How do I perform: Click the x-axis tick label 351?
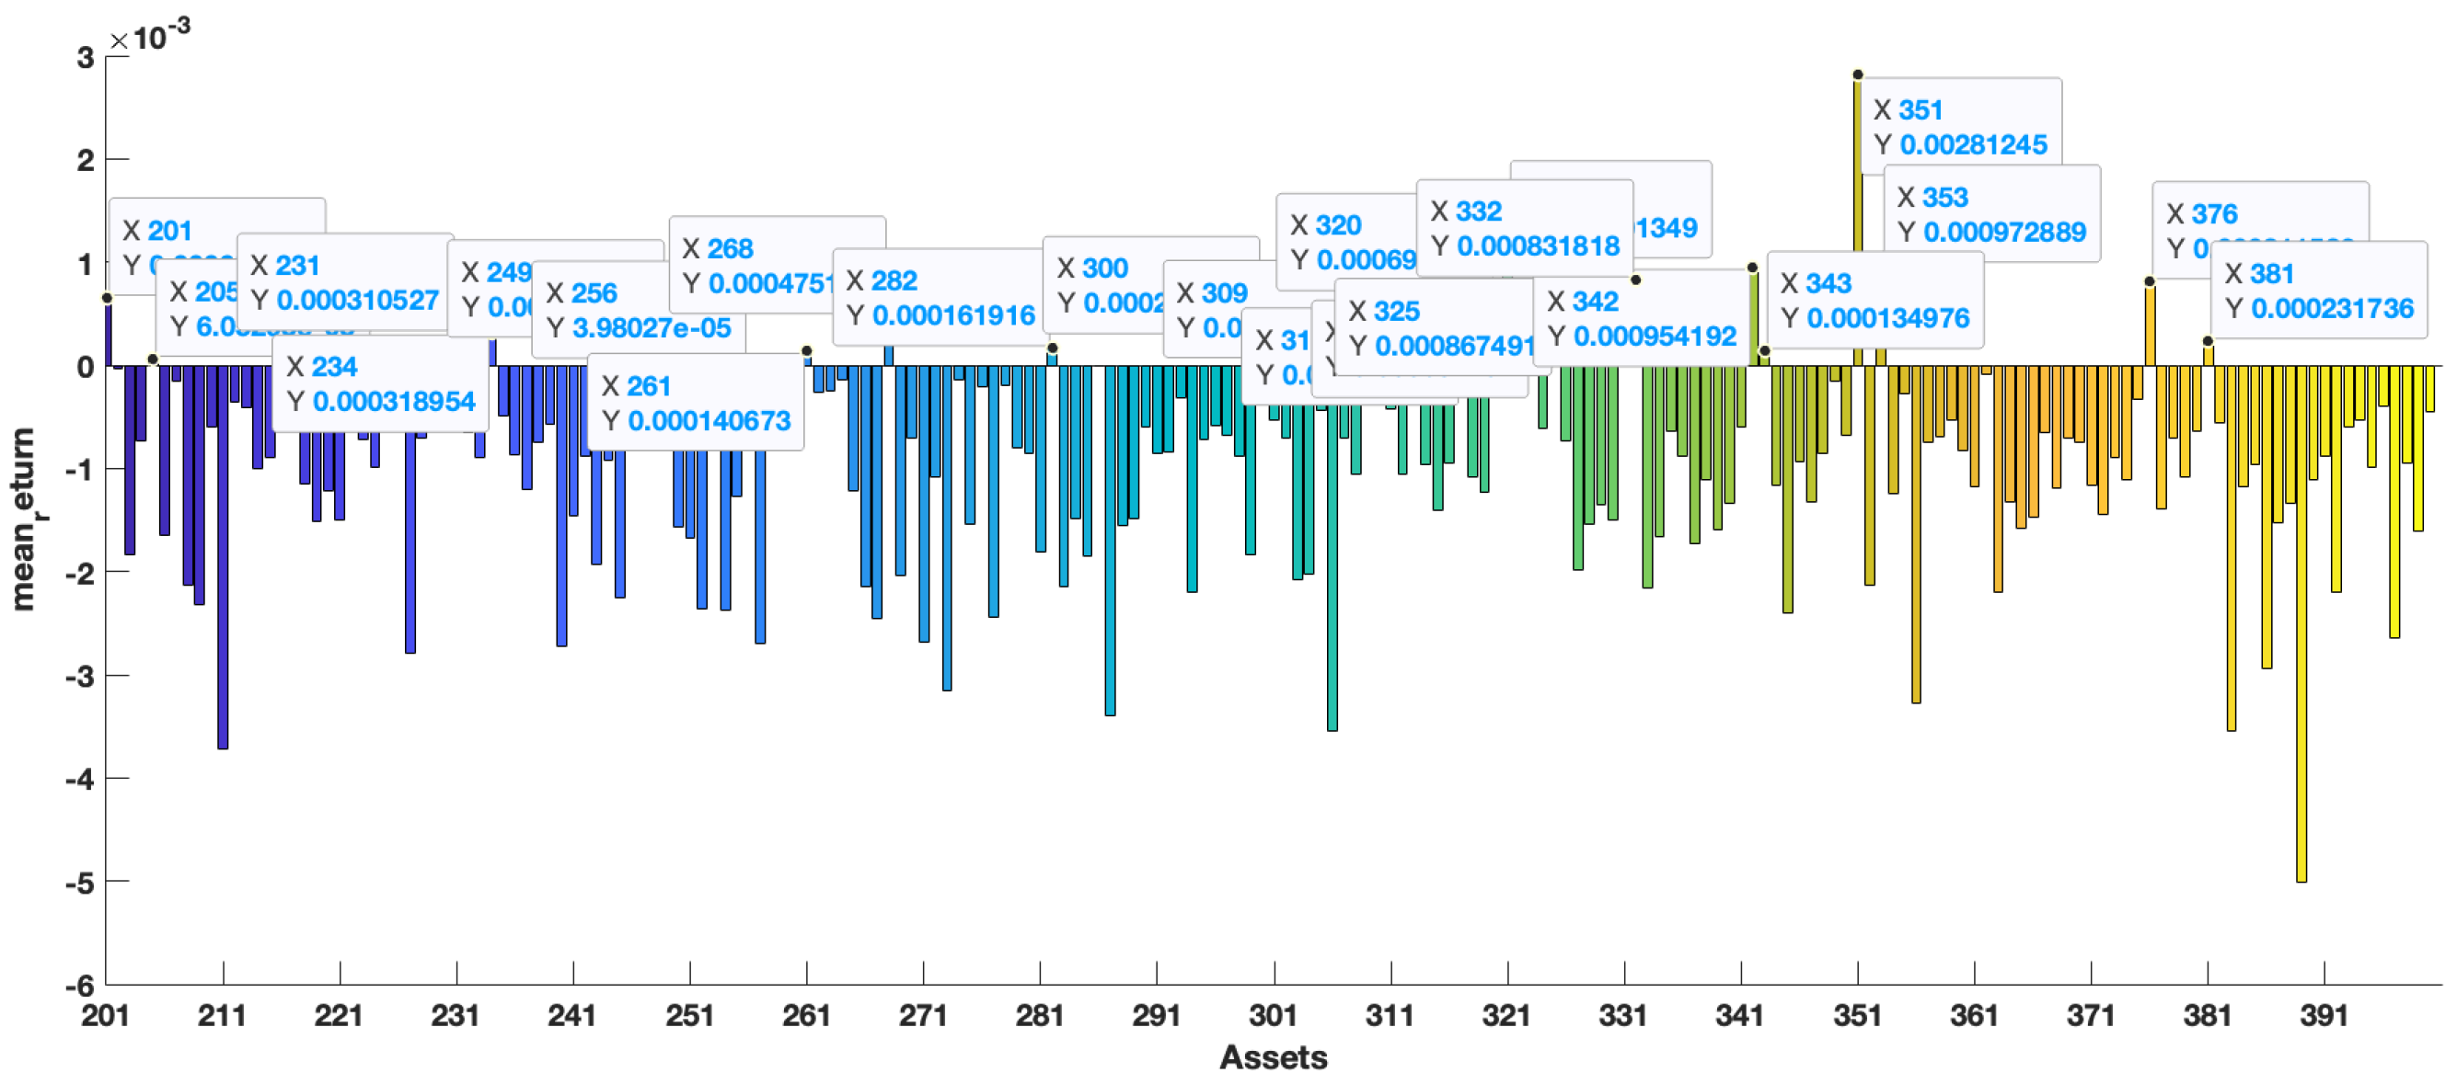click(1856, 1015)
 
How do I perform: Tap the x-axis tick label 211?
click(221, 1015)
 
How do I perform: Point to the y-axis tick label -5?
click(80, 883)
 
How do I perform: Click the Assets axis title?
click(1273, 1057)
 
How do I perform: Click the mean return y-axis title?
click(23, 519)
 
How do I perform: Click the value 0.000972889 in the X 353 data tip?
click(2004, 232)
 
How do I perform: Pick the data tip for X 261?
click(696, 404)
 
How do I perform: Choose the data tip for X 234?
click(380, 383)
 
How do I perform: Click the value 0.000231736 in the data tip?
click(2331, 308)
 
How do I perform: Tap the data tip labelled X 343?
click(1874, 301)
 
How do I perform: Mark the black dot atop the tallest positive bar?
click(1857, 74)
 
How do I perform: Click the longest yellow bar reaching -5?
click(2301, 624)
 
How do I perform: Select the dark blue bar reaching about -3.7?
click(223, 558)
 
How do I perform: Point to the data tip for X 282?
click(940, 298)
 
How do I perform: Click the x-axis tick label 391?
click(2324, 1015)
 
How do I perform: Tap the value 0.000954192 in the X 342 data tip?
click(1654, 337)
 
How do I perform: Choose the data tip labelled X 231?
click(344, 282)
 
